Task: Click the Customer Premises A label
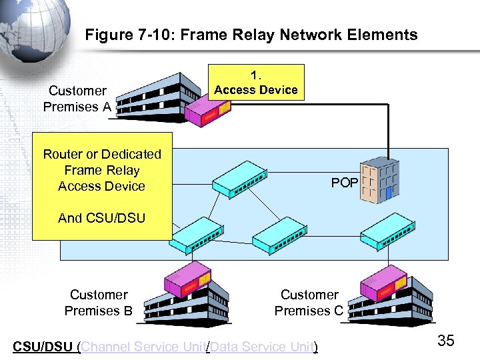(77, 99)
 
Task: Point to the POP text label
(344, 183)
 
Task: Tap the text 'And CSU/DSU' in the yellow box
(101, 218)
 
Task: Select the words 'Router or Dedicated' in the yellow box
(102, 154)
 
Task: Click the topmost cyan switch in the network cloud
(242, 177)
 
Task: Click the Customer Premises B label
(98, 303)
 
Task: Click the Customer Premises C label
(309, 303)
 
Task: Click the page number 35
(445, 341)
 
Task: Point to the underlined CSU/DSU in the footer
(43, 347)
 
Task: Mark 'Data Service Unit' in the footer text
(262, 347)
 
